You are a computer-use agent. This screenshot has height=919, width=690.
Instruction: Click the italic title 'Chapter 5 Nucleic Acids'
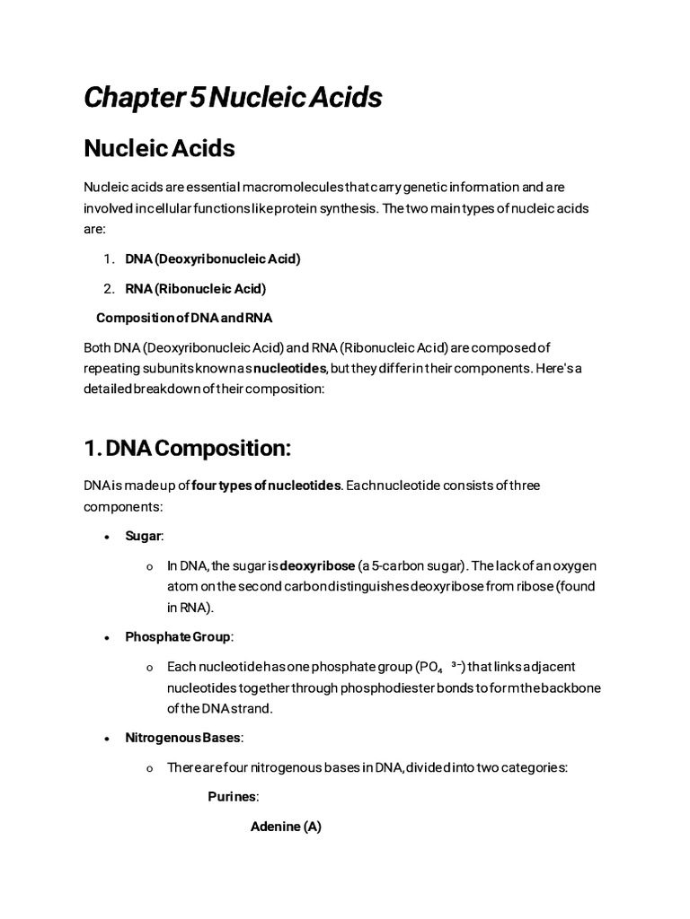(x=233, y=97)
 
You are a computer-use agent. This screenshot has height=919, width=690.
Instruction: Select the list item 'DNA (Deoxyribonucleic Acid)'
(x=213, y=258)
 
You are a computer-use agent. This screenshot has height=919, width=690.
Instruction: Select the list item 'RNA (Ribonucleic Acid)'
(x=195, y=288)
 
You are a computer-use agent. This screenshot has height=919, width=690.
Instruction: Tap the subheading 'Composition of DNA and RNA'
(x=184, y=318)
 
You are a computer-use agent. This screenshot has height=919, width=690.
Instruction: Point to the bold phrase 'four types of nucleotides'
(x=267, y=485)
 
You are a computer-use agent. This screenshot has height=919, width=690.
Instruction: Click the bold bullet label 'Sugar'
(x=143, y=535)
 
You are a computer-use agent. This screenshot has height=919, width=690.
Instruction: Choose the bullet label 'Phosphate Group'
(x=178, y=636)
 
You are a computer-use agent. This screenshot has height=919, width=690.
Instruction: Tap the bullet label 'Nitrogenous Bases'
(x=183, y=738)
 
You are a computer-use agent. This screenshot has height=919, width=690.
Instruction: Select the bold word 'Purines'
(x=233, y=796)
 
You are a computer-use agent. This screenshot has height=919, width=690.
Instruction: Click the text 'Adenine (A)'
(x=286, y=827)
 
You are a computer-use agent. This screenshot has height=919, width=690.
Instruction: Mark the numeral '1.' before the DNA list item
(x=108, y=258)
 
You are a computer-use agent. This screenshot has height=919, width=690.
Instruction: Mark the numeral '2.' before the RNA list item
(x=108, y=288)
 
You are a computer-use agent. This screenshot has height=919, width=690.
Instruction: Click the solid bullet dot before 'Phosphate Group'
(x=106, y=637)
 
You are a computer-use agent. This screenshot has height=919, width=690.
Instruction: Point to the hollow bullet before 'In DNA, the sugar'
(x=149, y=566)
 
